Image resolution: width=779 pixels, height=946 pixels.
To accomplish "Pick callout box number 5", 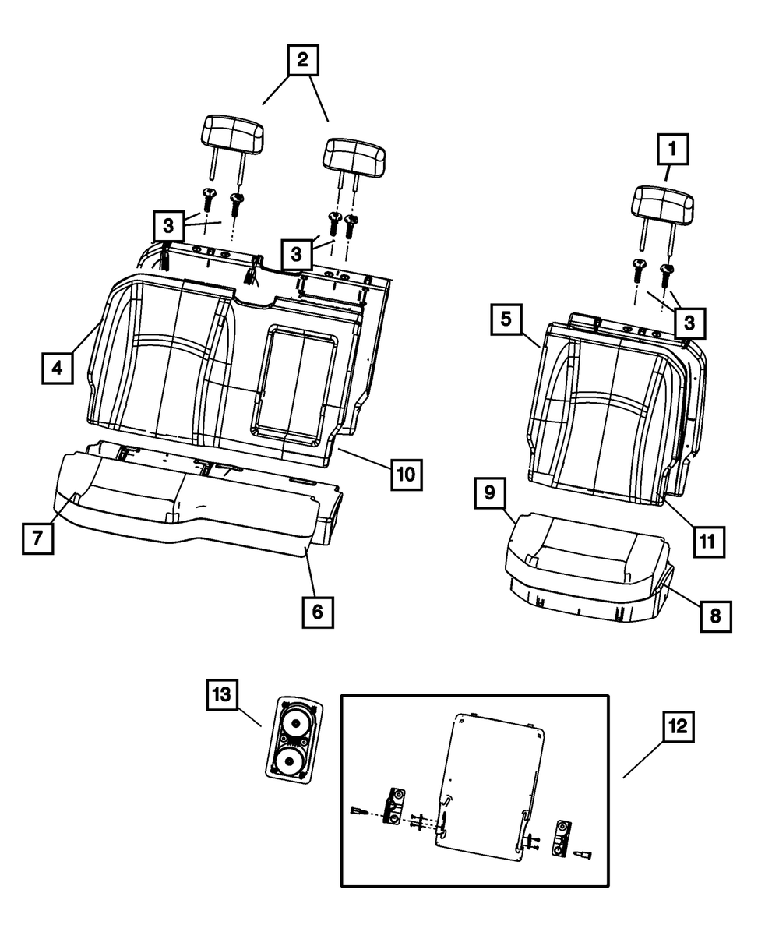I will pos(506,319).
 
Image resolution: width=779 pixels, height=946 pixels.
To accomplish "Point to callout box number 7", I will pos(37,537).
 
